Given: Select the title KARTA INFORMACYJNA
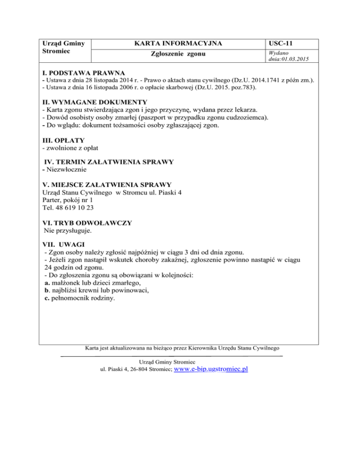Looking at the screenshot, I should click(178, 44).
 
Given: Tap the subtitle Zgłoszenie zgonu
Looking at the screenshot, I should click(178, 55).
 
